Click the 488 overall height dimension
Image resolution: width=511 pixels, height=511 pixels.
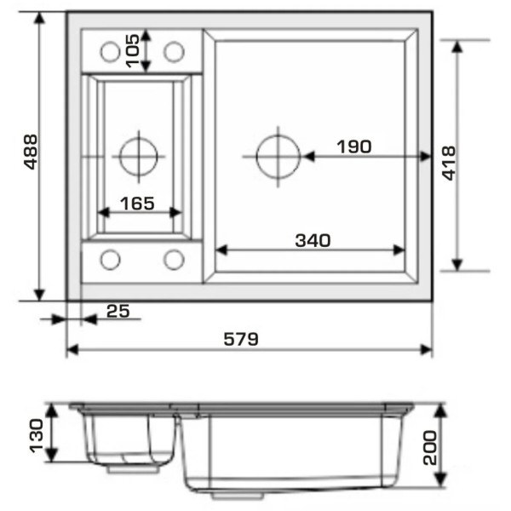(31, 152)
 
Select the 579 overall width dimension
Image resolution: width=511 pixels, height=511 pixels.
(241, 339)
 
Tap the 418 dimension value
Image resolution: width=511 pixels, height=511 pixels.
(449, 163)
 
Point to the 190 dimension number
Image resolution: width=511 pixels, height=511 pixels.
(354, 146)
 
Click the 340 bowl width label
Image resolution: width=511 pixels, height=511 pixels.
(313, 240)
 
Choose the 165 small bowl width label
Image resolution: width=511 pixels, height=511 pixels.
(137, 204)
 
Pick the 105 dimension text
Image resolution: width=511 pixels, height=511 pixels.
(133, 51)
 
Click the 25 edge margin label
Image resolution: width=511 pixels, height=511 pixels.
(118, 311)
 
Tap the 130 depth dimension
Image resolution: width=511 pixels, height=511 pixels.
(36, 436)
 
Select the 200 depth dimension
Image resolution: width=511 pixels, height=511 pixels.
(430, 448)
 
